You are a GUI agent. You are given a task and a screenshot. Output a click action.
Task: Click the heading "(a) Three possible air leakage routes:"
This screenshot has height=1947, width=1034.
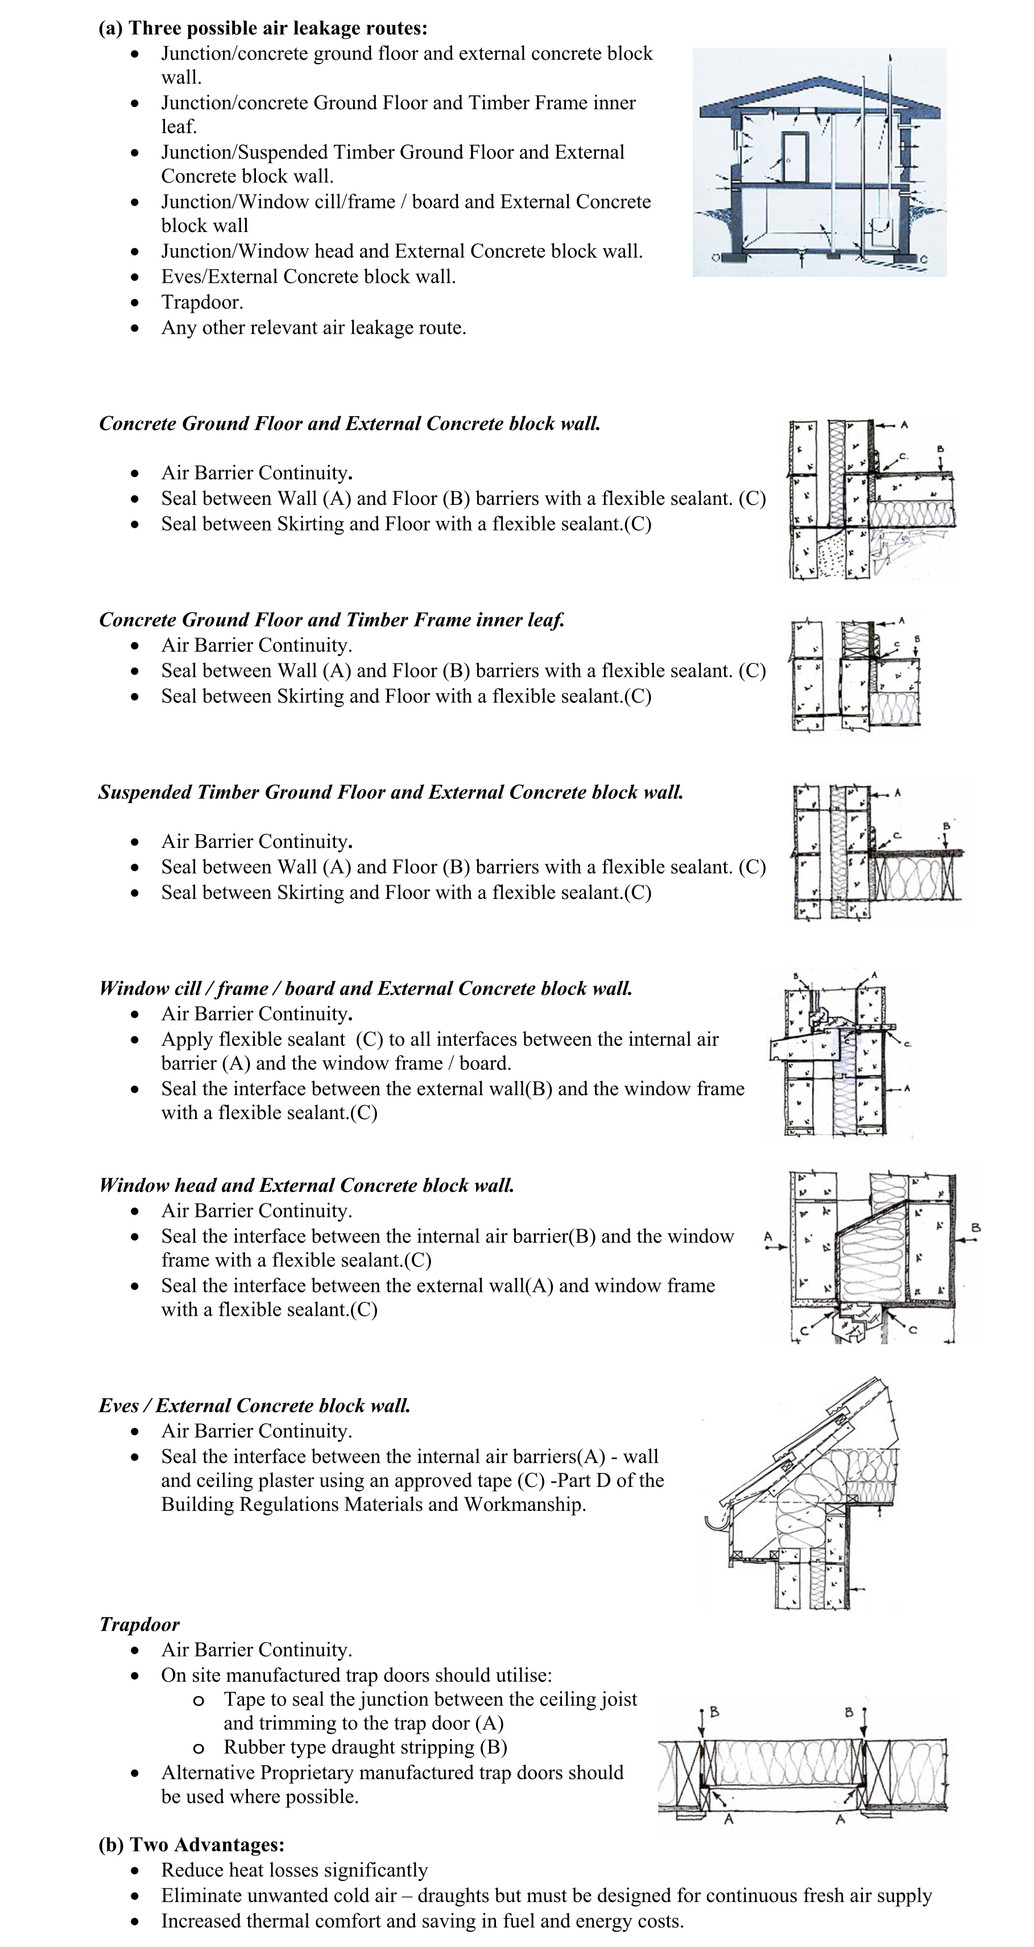262,29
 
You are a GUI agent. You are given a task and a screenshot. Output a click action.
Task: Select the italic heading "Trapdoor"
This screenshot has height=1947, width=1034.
139,1624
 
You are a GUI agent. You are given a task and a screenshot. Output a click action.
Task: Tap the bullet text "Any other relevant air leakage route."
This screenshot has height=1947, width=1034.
313,328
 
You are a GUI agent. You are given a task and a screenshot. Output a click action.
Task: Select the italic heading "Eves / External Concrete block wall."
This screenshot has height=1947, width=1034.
254,1405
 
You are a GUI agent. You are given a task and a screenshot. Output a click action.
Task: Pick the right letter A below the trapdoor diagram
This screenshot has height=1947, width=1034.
839,1821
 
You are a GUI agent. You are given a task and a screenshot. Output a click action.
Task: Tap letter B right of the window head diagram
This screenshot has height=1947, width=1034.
976,1228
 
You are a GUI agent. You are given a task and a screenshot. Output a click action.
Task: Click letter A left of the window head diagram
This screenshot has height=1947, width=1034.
768,1237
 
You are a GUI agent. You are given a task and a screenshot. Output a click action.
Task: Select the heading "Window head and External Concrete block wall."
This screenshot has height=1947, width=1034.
306,1184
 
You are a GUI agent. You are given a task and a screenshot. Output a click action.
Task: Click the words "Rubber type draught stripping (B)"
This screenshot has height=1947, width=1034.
365,1747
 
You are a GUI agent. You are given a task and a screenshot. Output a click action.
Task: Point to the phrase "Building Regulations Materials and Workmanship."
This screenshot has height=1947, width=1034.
373,1504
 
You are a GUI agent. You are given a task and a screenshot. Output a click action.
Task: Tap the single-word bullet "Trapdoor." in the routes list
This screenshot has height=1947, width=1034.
202,303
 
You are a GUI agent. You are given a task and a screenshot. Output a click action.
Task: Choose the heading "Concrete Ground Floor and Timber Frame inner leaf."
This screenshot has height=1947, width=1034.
331,620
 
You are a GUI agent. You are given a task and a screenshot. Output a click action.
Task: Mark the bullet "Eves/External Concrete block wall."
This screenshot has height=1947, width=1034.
308,276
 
